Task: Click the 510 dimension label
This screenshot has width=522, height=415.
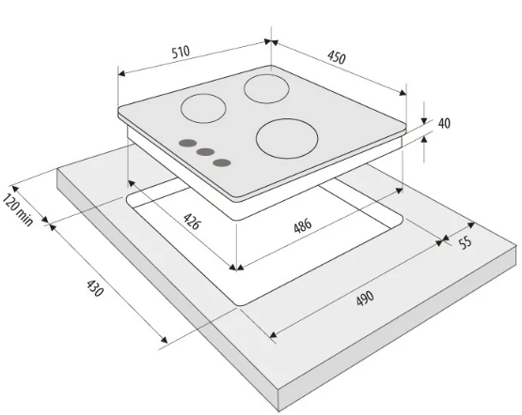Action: click(181, 53)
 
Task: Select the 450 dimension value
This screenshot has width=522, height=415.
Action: click(337, 57)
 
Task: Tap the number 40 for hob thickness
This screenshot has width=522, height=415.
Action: click(444, 123)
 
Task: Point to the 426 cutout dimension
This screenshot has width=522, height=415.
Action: click(192, 222)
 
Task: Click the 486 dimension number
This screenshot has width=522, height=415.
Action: click(303, 225)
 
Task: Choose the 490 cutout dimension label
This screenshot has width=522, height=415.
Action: click(365, 298)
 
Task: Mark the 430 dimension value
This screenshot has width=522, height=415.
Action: click(95, 288)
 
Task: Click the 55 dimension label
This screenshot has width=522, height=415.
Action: click(466, 242)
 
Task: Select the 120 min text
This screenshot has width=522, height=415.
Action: click(18, 210)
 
